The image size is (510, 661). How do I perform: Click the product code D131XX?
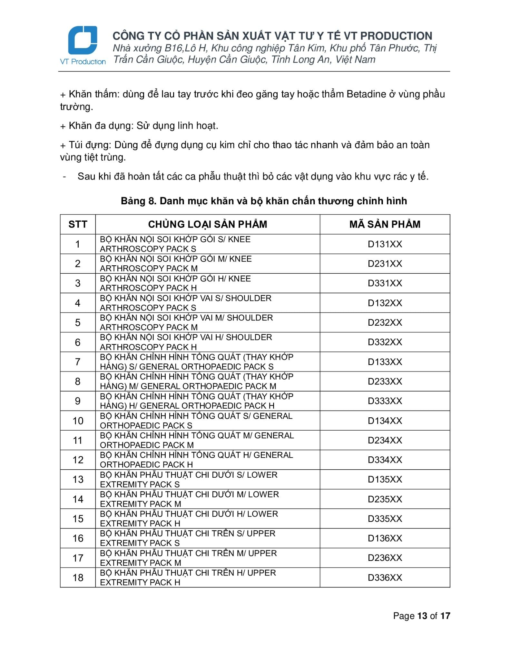385,244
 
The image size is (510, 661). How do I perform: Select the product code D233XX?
385,381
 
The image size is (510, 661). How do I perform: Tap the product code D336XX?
385,577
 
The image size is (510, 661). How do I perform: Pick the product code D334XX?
385,460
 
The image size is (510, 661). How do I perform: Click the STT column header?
78,224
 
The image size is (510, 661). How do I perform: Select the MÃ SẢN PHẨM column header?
385,224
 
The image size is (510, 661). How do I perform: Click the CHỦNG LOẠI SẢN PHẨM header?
208,224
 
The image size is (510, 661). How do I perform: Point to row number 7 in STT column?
78,362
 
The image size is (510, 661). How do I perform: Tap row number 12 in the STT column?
78,460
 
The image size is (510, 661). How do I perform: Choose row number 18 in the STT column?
78,577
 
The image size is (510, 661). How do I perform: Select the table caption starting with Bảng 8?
264,201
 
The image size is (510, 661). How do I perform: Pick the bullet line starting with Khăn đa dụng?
139,126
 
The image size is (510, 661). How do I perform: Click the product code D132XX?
385,303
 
